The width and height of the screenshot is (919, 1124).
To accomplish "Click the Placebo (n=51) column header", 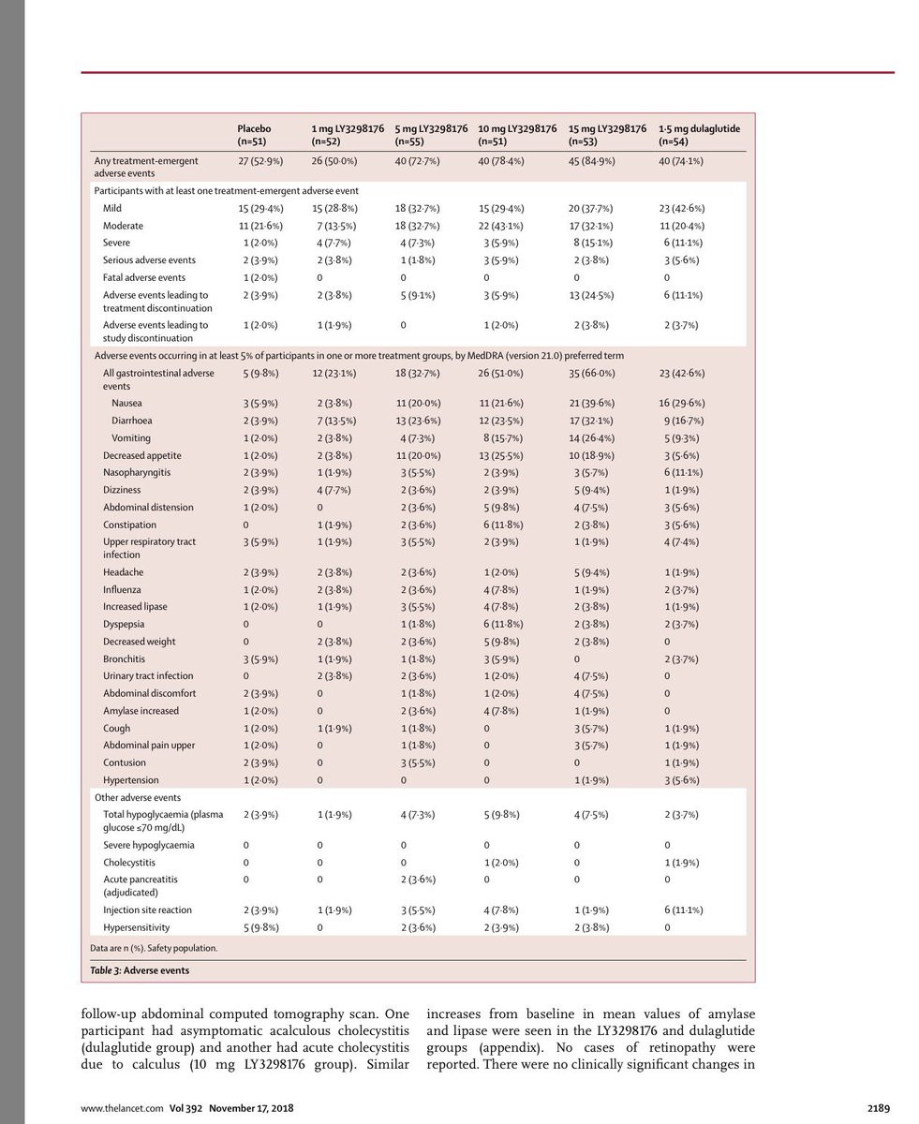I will [254, 135].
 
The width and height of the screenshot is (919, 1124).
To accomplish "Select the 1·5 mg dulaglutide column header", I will [699, 135].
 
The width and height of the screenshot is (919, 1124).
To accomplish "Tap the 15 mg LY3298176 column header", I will [607, 135].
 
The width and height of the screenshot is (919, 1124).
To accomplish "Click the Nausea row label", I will [126, 404].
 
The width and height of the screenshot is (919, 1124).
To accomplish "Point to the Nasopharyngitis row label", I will [137, 473].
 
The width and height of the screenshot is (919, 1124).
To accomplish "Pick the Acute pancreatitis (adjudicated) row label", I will [141, 886].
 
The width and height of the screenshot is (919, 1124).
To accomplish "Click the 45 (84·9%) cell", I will [592, 161].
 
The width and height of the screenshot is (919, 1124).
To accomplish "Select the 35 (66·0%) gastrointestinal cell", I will [592, 374].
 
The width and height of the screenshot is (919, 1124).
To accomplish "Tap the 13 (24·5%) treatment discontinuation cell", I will [592, 295].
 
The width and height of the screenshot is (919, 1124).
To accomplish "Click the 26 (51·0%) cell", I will [500, 374].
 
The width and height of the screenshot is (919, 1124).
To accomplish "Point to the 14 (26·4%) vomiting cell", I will [592, 438].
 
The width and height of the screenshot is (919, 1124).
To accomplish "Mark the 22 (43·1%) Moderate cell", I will [500, 226].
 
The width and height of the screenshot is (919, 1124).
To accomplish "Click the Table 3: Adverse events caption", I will [140, 970].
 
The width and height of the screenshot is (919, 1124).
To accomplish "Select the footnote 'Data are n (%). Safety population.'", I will [154, 948].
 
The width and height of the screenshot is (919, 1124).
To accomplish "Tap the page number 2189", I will [878, 1108].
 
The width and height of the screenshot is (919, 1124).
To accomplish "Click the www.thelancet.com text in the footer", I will [123, 1108].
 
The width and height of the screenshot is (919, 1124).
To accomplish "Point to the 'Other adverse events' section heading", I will [138, 798].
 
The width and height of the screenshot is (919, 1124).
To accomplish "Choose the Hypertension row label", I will [131, 780].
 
